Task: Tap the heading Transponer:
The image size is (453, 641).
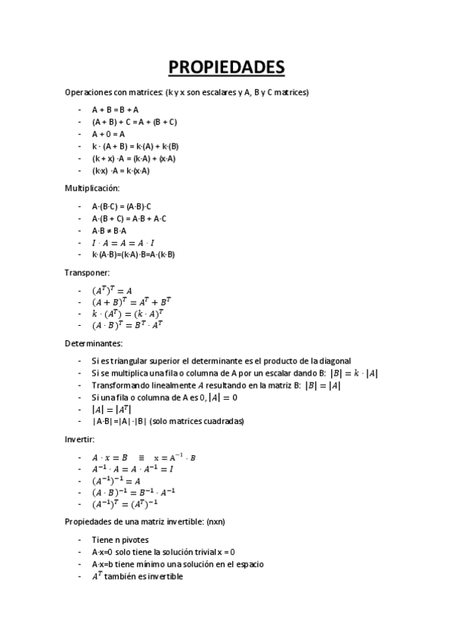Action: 87,272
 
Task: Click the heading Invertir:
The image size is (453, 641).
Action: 81,439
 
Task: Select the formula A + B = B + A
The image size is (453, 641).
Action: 115,109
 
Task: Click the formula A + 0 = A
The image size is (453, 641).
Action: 108,134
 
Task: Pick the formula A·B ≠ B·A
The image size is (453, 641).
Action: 109,230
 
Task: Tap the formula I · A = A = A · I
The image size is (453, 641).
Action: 123,242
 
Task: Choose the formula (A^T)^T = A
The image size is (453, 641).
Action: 112,290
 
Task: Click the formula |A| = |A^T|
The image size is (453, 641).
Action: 111,409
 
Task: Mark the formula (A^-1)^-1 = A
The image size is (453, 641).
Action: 116,481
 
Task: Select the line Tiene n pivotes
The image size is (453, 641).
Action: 119,539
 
